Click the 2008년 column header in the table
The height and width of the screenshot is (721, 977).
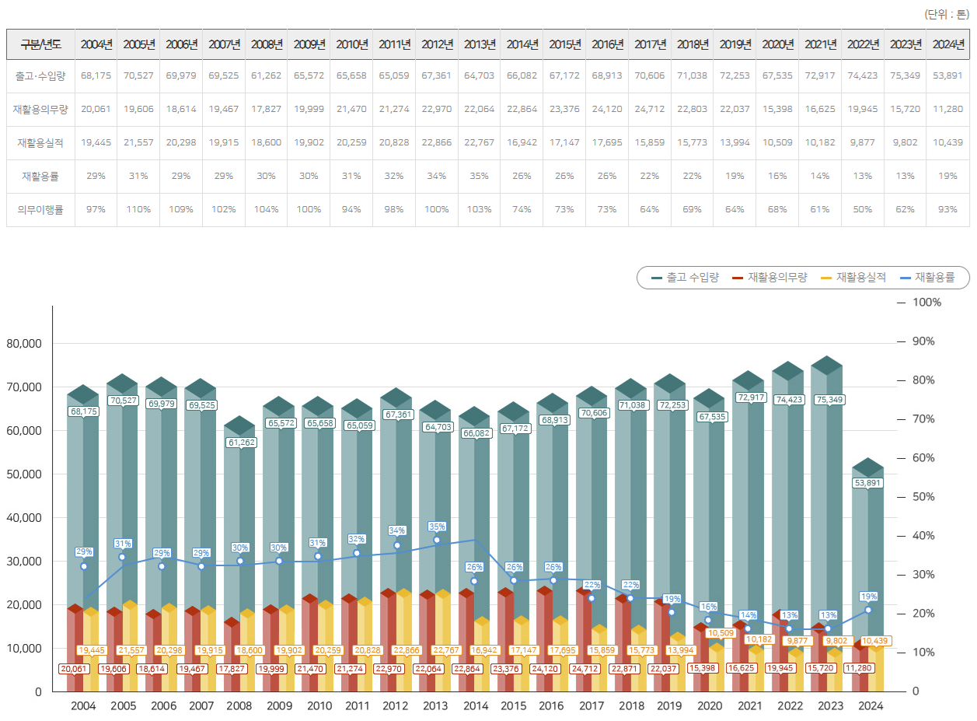point(267,44)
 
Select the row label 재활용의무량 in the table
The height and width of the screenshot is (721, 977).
point(40,110)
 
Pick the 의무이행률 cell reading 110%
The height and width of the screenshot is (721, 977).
point(138,209)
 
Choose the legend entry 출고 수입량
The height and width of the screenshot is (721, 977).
point(685,277)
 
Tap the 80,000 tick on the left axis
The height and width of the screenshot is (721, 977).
point(26,343)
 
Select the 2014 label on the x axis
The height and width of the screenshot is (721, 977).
point(475,706)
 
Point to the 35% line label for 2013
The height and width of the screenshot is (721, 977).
point(437,527)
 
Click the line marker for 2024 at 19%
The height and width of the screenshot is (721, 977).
point(868,610)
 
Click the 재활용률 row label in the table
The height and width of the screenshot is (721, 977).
point(40,176)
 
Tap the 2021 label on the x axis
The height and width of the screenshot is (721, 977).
point(749,706)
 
